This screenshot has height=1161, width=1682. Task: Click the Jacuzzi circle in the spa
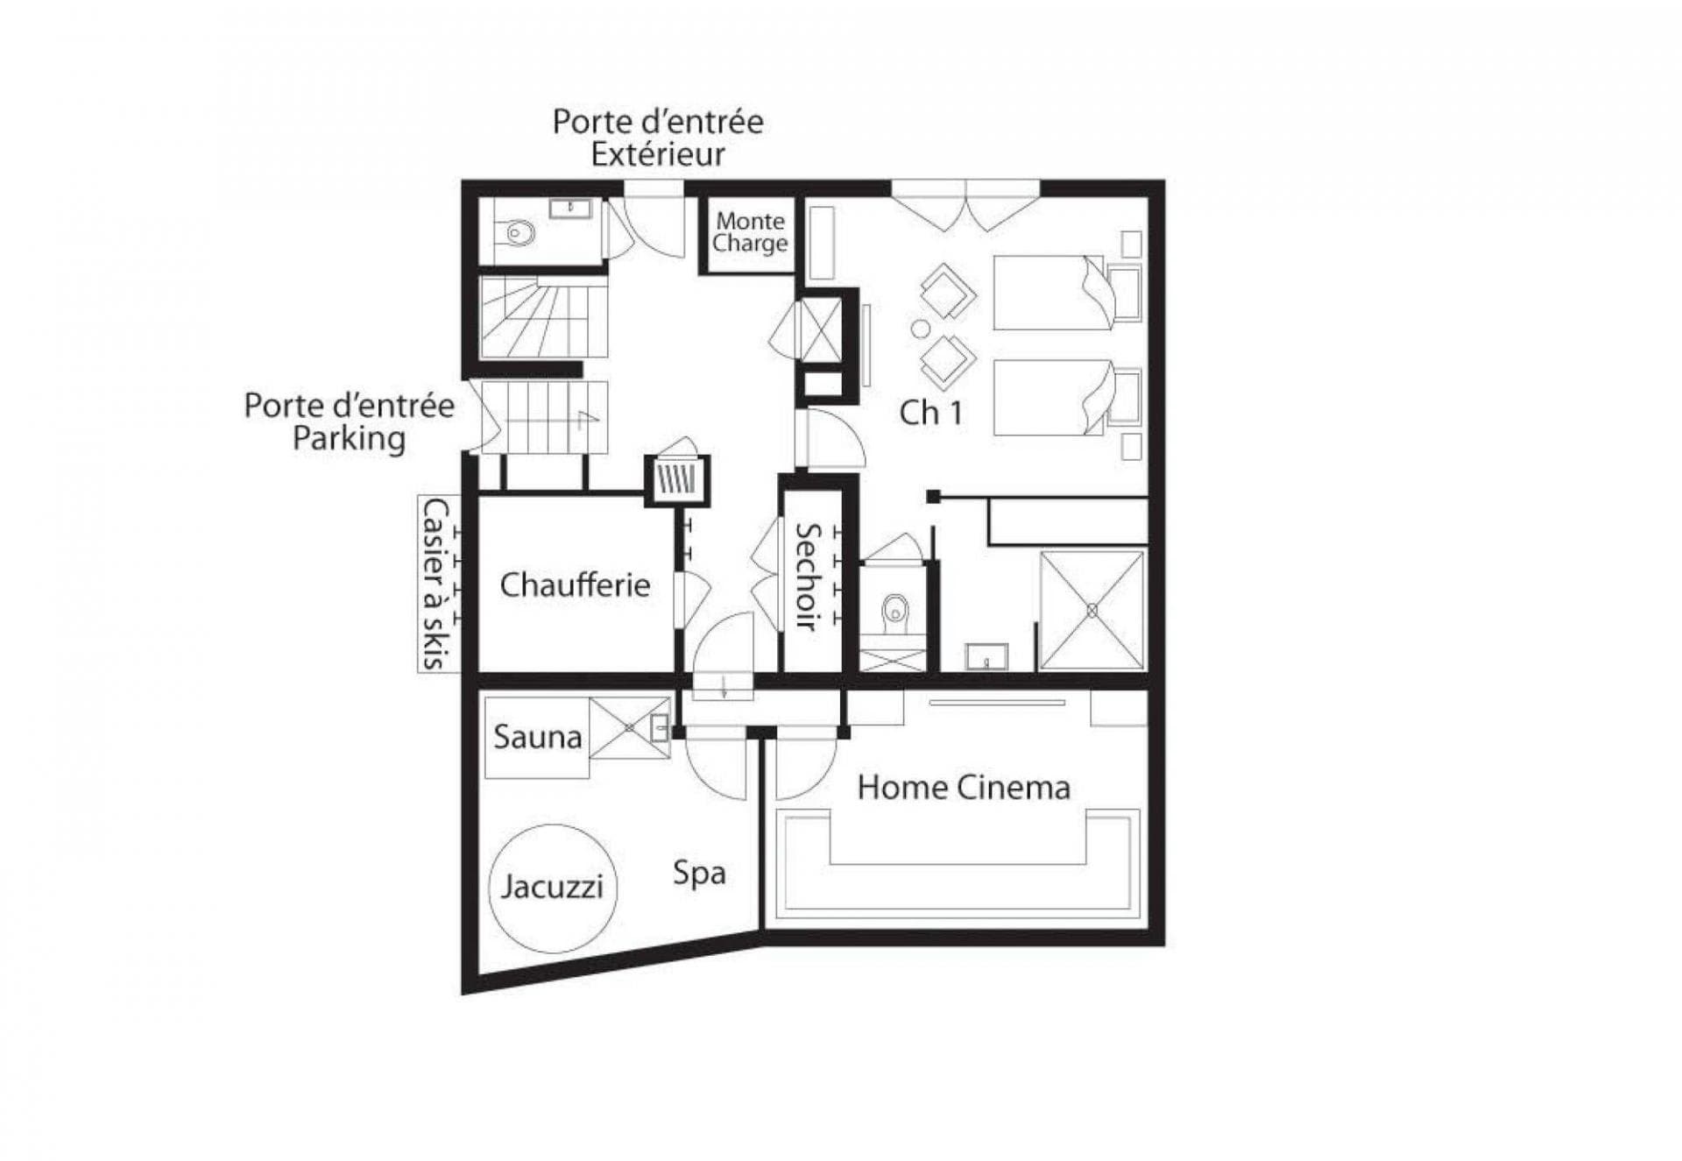pyautogui.click(x=552, y=887)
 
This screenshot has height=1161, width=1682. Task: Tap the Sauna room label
pyautogui.click(x=537, y=737)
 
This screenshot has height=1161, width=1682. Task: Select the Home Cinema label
pyautogui.click(x=964, y=787)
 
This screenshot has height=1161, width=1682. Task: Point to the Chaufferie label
pyautogui.click(x=575, y=584)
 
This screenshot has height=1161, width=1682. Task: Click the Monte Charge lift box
pyautogui.click(x=749, y=233)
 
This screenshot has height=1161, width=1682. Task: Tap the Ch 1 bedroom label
pyautogui.click(x=930, y=413)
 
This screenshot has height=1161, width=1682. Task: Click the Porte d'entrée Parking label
pyautogui.click(x=349, y=421)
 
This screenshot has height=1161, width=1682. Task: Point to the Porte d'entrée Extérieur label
pyautogui.click(x=657, y=138)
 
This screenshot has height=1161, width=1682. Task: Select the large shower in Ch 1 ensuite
pyautogui.click(x=1092, y=611)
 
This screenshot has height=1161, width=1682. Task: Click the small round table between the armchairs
pyautogui.click(x=920, y=329)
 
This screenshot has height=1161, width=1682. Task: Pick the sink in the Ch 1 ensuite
pyautogui.click(x=986, y=656)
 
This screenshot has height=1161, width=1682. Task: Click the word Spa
pyautogui.click(x=699, y=873)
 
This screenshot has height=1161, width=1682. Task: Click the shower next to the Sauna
pyautogui.click(x=629, y=727)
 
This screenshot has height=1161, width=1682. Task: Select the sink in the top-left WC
pyautogui.click(x=570, y=209)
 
